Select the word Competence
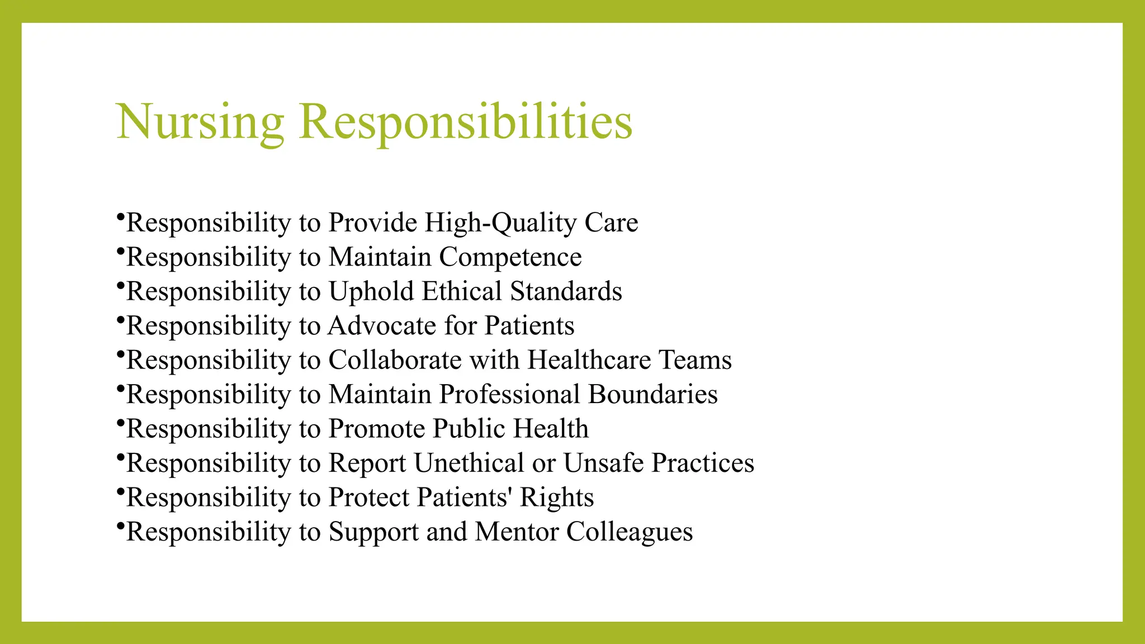coord(510,257)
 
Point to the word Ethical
coord(462,291)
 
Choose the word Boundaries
coord(652,394)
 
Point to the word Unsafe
coord(603,463)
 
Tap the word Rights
coord(556,498)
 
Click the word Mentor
coord(517,532)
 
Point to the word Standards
coord(566,291)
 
